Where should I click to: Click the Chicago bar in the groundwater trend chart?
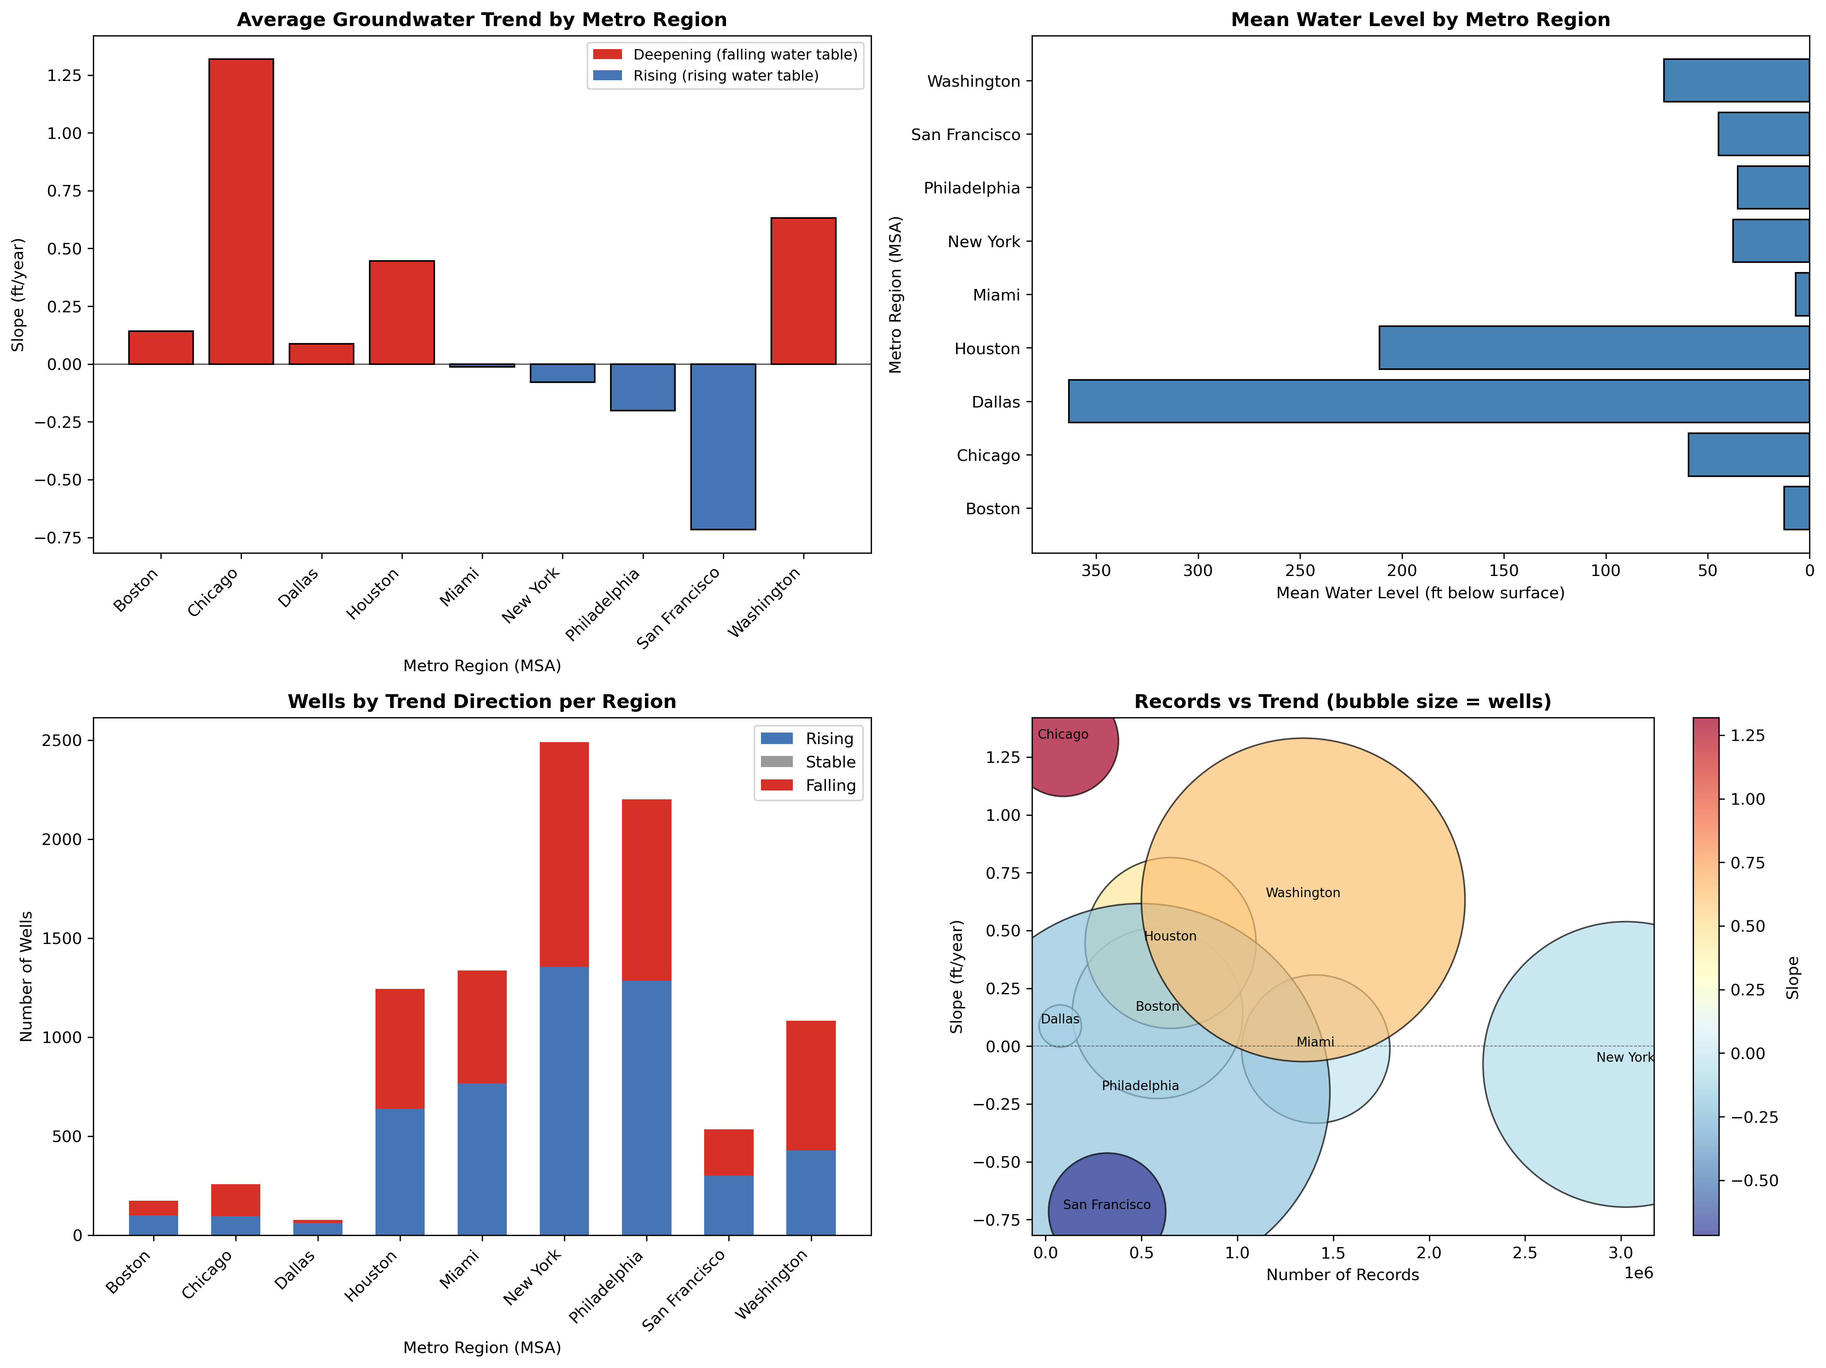241,211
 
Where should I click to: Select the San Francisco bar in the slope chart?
723,446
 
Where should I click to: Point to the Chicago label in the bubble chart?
1062,734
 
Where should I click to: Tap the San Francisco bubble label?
1106,1205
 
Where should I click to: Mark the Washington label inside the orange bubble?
1303,893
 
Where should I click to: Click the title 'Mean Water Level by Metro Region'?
1420,20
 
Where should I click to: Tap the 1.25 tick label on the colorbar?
1747,735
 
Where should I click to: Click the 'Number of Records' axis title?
1342,1275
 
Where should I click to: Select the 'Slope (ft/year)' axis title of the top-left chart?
18,295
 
